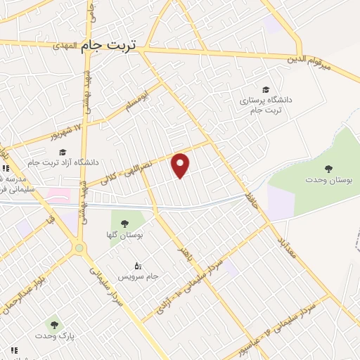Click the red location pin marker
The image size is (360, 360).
tap(181, 165)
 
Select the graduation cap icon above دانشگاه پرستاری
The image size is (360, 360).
tap(266, 89)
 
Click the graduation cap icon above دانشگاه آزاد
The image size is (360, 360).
tap(62, 152)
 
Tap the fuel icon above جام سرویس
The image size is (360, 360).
tap(138, 266)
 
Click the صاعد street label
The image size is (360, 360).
tap(249, 188)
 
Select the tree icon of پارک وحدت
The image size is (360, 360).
tap(55, 325)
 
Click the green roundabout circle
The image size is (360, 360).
tap(79, 247)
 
